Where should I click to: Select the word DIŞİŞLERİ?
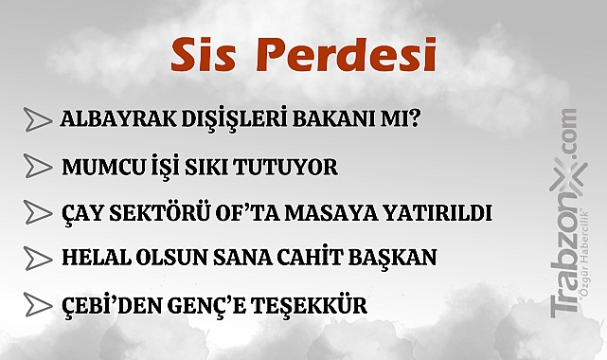pyautogui.click(x=224, y=121)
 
